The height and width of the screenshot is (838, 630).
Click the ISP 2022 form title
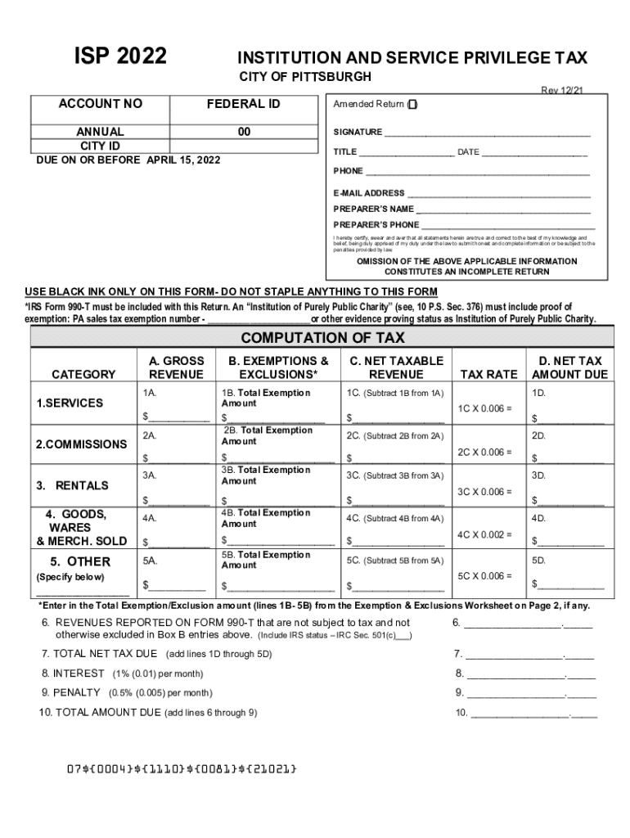pyautogui.click(x=120, y=56)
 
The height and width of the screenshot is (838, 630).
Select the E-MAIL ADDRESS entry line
pyautogui.click(x=498, y=194)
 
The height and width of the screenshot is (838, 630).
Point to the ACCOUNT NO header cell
pyautogui.click(x=100, y=104)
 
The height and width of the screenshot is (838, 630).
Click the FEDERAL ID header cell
pyautogui.click(x=244, y=104)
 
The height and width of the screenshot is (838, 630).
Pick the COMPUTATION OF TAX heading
pyautogui.click(x=322, y=338)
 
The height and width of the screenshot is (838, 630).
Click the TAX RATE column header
pyautogui.click(x=489, y=374)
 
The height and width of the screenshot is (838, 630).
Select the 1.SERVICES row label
pyautogui.click(x=69, y=403)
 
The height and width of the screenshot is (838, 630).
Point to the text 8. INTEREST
pyautogui.click(x=73, y=674)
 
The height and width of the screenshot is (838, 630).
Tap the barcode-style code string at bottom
pyautogui.click(x=181, y=769)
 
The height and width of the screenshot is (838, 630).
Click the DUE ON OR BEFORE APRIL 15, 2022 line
pyautogui.click(x=128, y=160)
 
